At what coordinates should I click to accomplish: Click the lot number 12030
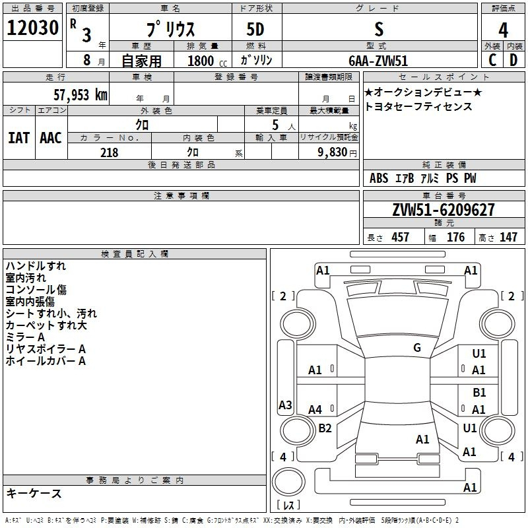point(32,28)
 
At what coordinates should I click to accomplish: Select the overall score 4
point(503,30)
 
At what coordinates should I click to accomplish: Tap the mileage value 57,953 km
point(81,95)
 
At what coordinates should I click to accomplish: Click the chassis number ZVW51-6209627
point(444,210)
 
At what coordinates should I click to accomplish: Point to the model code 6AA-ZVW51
point(378,61)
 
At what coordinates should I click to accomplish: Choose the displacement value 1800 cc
point(207,61)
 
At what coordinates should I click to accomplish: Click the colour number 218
point(110,152)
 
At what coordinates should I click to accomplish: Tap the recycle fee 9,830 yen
point(337,152)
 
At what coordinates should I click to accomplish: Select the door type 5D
point(255,30)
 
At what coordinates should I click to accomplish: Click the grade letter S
point(379,29)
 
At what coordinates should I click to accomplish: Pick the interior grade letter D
point(513,60)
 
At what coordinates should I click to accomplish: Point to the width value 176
point(455,237)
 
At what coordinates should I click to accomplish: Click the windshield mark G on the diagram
point(417,348)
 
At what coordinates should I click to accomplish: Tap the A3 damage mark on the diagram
point(285,405)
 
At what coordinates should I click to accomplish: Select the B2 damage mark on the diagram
point(325,428)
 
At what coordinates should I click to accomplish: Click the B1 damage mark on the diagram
point(479,393)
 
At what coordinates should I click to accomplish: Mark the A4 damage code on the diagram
point(315,409)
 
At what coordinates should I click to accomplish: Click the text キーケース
point(34,493)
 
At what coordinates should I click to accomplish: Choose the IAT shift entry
point(18,138)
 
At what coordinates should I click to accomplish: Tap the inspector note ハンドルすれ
point(36,266)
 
